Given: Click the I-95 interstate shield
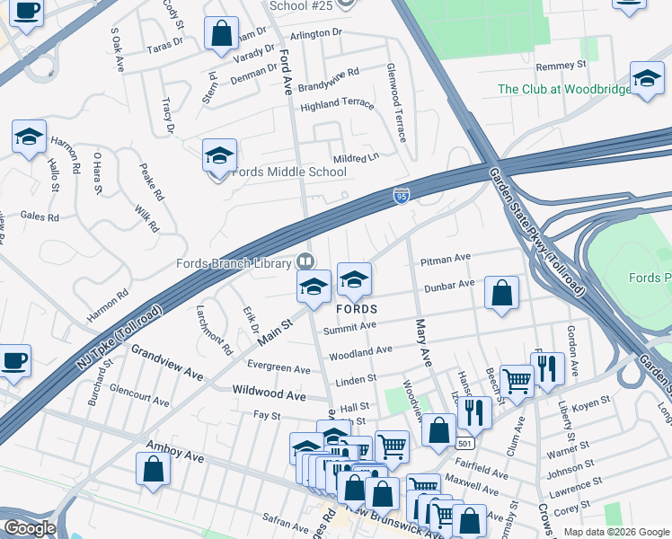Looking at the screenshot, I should click(x=402, y=195).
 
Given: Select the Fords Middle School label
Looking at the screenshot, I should click(x=289, y=172).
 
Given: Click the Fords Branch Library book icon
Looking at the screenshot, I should click(x=305, y=261).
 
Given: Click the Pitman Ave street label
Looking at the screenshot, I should click(x=445, y=258).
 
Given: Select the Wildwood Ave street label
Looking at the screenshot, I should click(x=269, y=393).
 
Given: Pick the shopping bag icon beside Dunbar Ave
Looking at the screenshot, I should click(x=501, y=292).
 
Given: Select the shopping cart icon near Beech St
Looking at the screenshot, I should click(x=517, y=380).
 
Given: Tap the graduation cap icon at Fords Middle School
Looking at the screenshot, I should click(x=218, y=156).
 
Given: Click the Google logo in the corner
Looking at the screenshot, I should click(x=29, y=528).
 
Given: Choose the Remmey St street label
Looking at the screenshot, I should click(x=560, y=66).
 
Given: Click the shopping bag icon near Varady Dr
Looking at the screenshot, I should click(x=220, y=34).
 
